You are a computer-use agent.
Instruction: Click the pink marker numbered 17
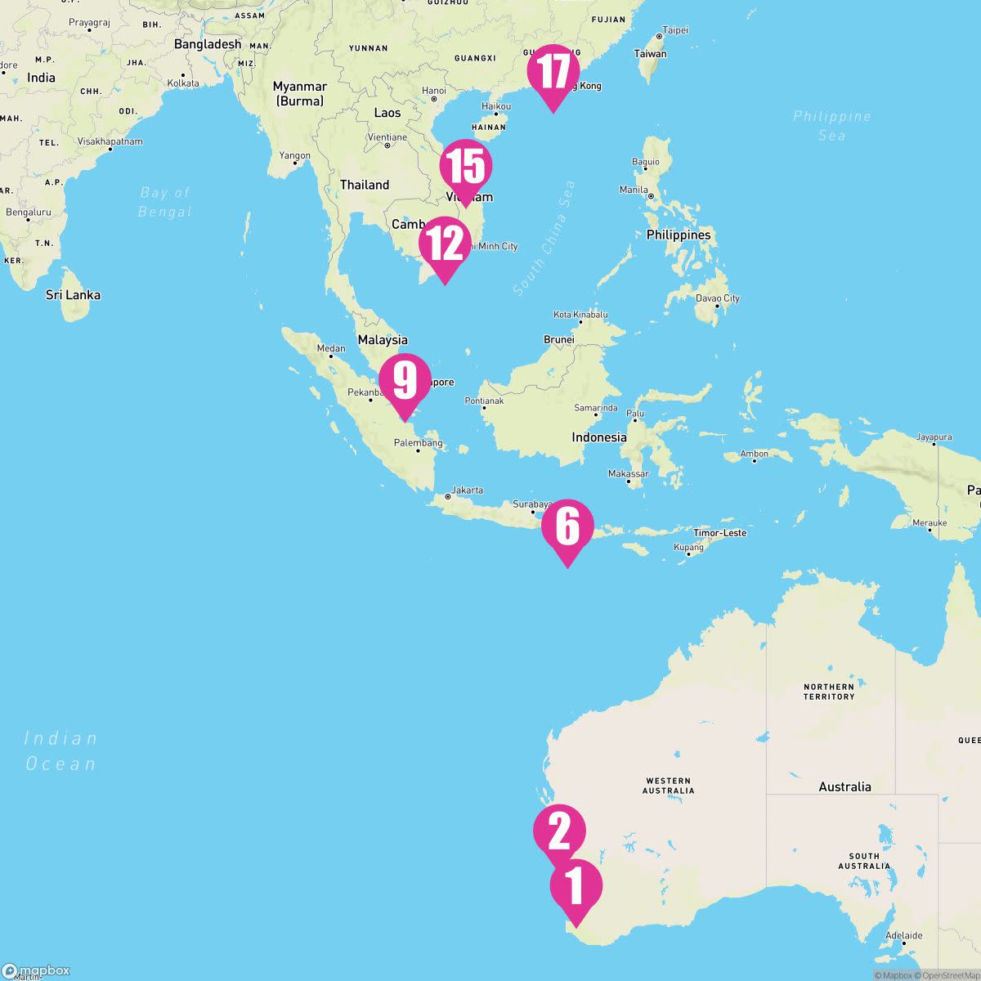click(553, 72)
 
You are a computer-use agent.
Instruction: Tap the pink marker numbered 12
click(445, 244)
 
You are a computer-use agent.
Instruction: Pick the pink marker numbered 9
click(405, 380)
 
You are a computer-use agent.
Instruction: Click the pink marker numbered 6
click(567, 526)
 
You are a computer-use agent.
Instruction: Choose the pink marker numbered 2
click(559, 831)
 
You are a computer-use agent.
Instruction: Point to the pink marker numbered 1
click(576, 886)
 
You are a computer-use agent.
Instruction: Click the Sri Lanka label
click(73, 295)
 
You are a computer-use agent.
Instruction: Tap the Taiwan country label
click(651, 54)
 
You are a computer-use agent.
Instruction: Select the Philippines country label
click(679, 235)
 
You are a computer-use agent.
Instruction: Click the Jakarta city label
click(467, 490)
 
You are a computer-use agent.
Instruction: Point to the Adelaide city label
click(903, 935)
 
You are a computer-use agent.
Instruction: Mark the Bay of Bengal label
click(164, 202)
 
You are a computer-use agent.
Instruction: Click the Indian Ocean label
click(60, 750)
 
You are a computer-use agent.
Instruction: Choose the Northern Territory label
click(828, 692)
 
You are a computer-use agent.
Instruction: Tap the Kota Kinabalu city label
click(580, 315)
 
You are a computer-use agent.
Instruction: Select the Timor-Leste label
click(719, 533)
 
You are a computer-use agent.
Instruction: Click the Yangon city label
click(295, 155)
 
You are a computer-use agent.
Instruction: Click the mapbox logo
click(36, 970)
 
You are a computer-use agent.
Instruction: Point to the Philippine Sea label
click(831, 125)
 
